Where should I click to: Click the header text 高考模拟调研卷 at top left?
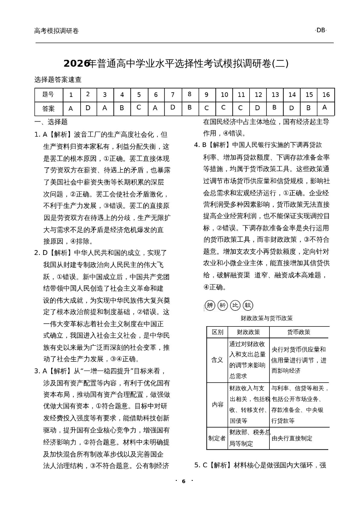pos(56,31)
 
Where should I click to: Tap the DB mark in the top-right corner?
pos(321,30)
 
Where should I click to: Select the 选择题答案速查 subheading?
pos(58,79)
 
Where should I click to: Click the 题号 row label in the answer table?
pos(48,95)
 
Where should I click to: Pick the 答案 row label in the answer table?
pos(48,109)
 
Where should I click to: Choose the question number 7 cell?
pos(173,95)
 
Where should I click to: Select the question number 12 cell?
pos(258,95)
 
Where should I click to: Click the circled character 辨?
pos(210,305)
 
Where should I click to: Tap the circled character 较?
pos(248,305)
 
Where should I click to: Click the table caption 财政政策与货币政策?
pos(267,318)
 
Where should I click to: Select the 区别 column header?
pos(217,332)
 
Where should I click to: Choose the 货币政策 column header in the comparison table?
pos(299,332)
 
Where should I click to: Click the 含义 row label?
pos(217,360)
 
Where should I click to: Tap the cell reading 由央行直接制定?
pos(292,438)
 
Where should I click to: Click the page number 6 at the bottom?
pos(184,481)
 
